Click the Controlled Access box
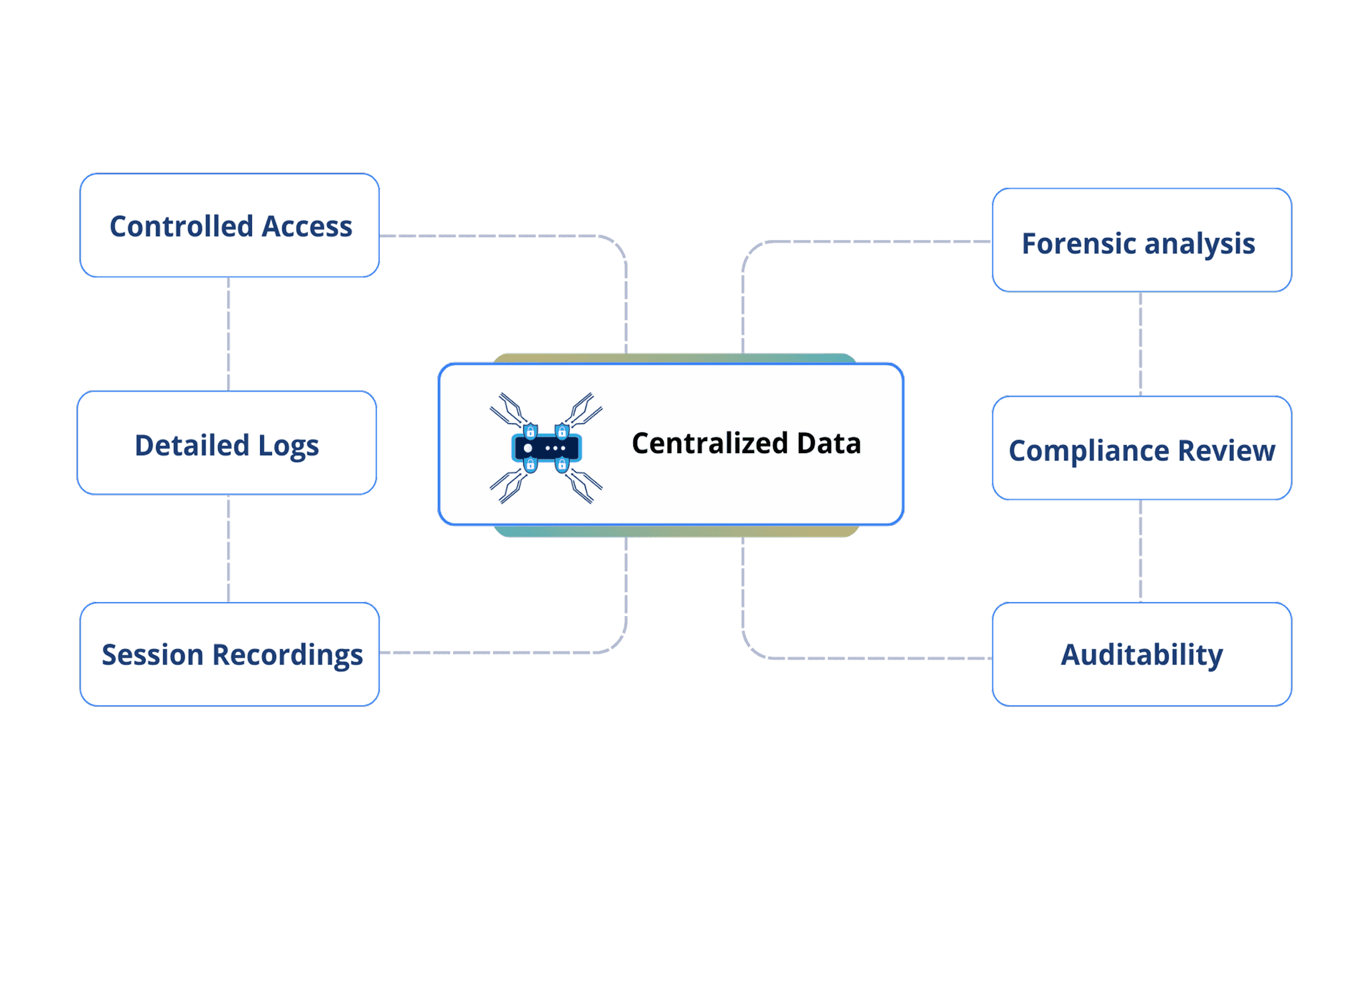pyautogui.click(x=229, y=225)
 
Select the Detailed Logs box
pyautogui.click(x=227, y=443)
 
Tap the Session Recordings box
pyautogui.click(x=229, y=654)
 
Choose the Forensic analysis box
pyautogui.click(x=1141, y=240)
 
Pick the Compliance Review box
pyautogui.click(x=1141, y=448)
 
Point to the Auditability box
pyautogui.click(x=1141, y=654)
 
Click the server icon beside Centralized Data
pyautogui.click(x=546, y=448)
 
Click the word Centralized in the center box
pyautogui.click(x=709, y=443)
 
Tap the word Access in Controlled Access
pyautogui.click(x=306, y=226)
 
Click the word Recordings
pyautogui.click(x=287, y=655)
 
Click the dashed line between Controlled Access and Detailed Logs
pyautogui.click(x=229, y=334)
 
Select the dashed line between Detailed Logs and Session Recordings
pyautogui.click(x=229, y=548)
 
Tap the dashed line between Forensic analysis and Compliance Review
pyautogui.click(x=1140, y=343)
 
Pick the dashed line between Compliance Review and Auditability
pyautogui.click(x=1140, y=551)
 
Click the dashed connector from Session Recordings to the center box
pyautogui.click(x=501, y=652)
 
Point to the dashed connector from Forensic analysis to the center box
pyautogui.click(x=869, y=241)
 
